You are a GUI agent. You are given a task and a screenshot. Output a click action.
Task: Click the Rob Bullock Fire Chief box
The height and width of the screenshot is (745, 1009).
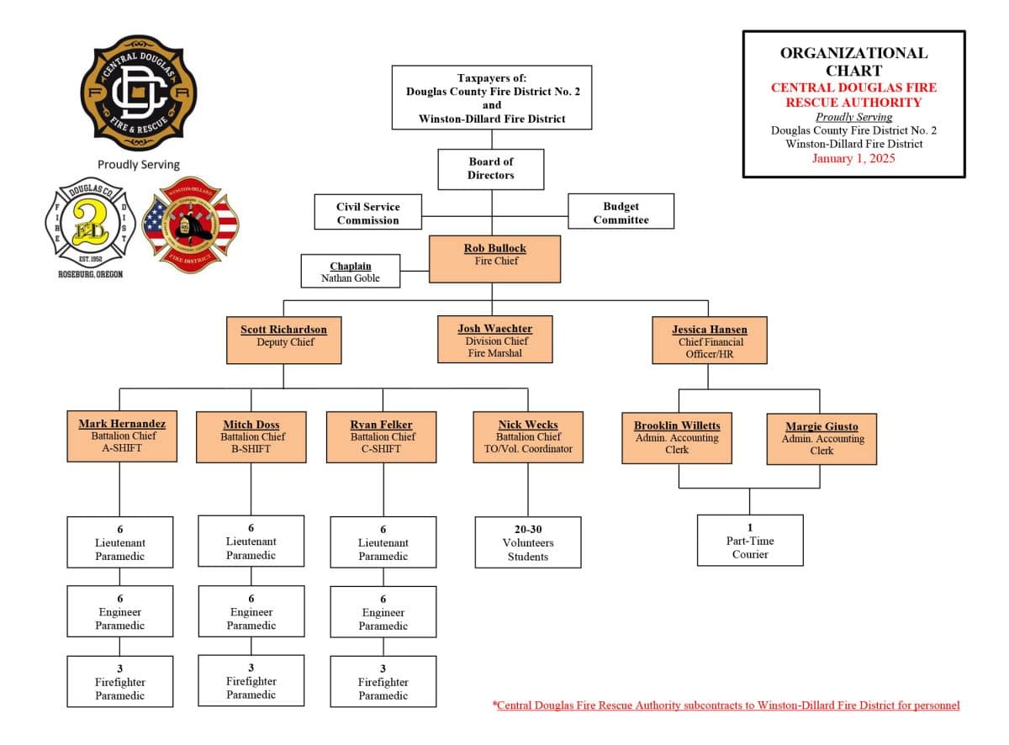coord(494,259)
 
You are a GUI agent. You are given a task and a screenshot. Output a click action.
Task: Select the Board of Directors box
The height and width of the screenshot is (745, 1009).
coord(491,169)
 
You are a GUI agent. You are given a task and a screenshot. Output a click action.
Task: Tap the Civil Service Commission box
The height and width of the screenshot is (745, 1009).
coord(368,213)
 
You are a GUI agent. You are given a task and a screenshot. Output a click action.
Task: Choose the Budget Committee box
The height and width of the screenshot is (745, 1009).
coord(621,212)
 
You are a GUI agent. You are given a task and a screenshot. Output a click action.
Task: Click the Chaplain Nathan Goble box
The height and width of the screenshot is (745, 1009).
coord(351,272)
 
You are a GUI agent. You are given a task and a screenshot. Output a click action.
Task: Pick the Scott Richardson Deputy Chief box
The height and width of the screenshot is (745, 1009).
coord(284,340)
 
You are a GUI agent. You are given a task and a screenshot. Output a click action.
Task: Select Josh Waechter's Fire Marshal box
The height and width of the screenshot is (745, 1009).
coord(494,339)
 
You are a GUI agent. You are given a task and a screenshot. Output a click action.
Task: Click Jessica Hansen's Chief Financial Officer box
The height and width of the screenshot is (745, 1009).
coord(709,340)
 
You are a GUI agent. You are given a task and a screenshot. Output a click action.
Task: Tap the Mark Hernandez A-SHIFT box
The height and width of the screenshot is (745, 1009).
coord(123,436)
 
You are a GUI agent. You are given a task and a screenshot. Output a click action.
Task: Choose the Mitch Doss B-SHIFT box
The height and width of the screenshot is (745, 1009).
coord(251,436)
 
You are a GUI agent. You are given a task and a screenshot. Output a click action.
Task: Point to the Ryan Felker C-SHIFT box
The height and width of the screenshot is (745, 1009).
coord(382,436)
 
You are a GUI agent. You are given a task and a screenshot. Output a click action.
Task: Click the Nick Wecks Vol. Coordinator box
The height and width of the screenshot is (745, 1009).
coord(528,436)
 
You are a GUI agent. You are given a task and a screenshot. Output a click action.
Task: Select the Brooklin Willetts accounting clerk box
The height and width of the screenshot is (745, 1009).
coord(677,437)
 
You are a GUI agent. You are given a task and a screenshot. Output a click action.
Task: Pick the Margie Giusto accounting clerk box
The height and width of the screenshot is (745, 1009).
coord(821,438)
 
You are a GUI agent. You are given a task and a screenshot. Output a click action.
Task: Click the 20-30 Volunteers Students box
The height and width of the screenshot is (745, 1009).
coord(528,542)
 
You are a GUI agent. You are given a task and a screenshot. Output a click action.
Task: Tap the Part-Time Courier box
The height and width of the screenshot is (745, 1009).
coord(750,540)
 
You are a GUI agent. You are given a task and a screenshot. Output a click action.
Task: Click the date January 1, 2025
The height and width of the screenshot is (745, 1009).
coord(853,158)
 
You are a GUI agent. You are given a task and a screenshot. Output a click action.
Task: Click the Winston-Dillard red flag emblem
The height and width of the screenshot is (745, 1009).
coord(191,225)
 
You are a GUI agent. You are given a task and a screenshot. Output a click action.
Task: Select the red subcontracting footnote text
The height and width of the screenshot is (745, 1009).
coord(726,705)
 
